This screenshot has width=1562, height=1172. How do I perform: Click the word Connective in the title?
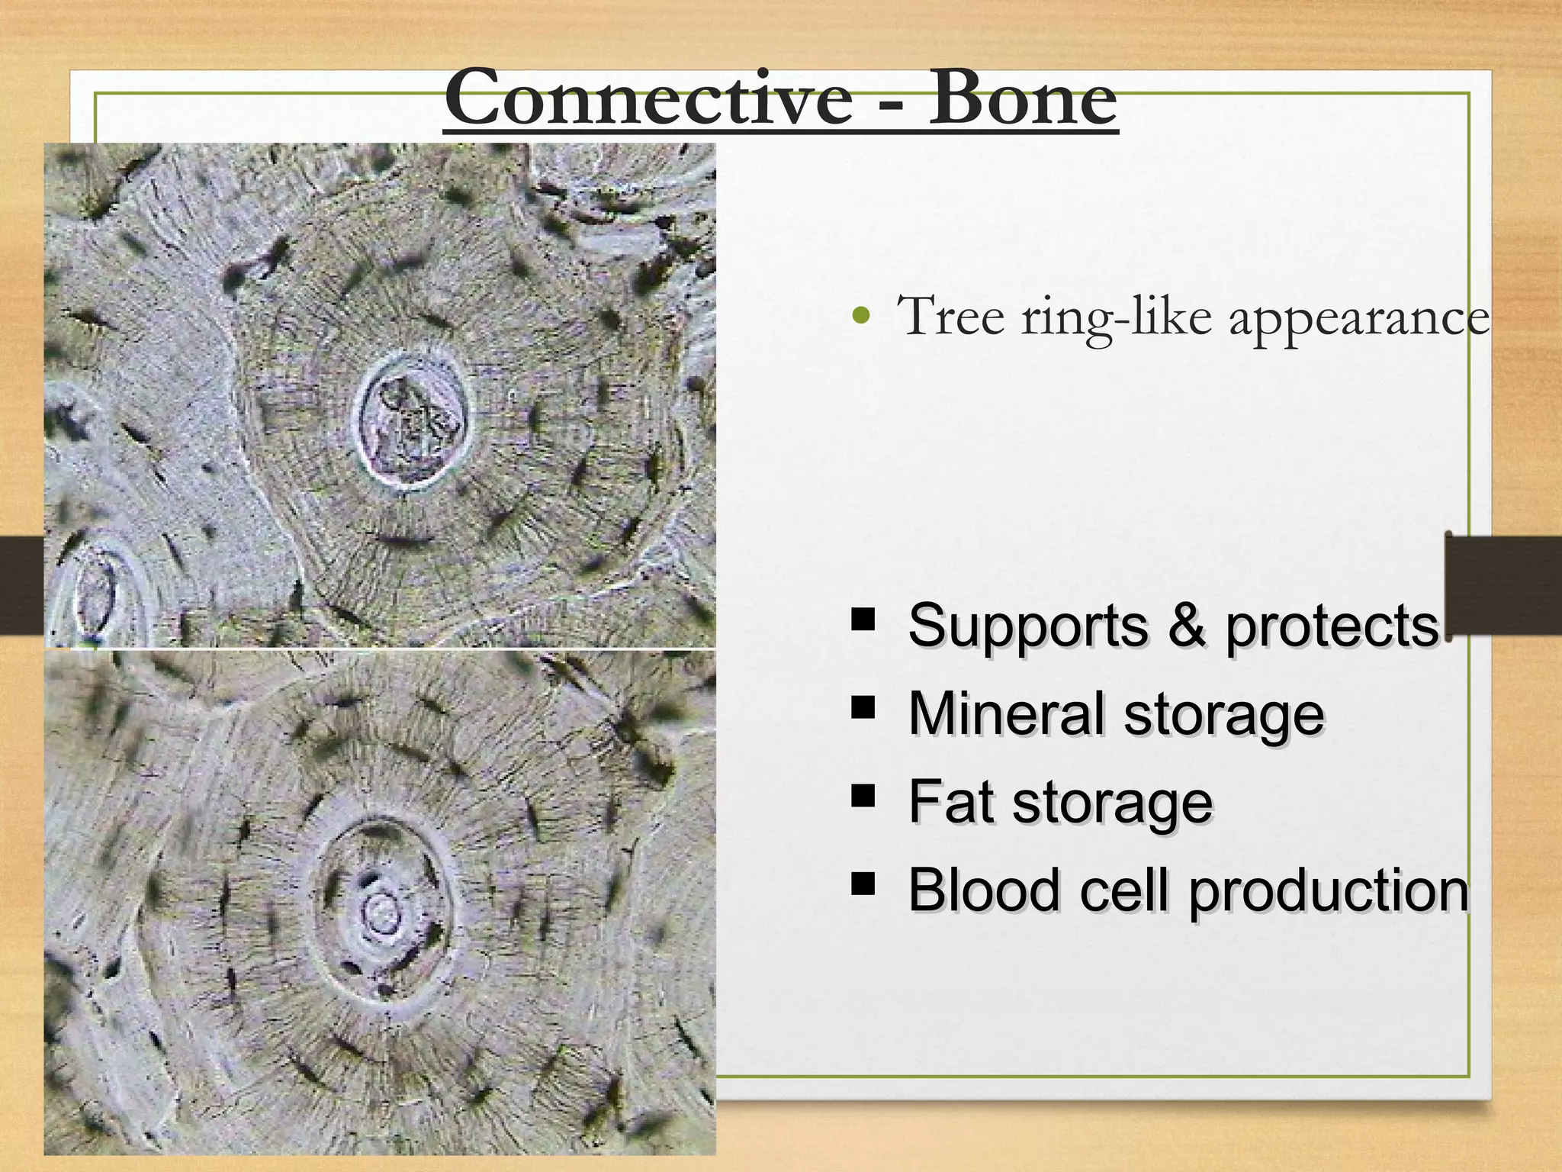648,99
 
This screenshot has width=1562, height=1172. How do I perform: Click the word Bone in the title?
1022,99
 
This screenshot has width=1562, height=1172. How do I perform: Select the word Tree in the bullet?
950,316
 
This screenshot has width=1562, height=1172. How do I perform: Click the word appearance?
1358,320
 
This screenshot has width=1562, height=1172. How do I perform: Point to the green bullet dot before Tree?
861,315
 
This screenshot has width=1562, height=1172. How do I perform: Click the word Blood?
984,890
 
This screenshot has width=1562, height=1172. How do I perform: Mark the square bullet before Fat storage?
863,796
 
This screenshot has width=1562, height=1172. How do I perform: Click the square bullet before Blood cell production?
863,884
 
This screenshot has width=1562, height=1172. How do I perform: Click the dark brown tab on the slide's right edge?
1503,584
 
